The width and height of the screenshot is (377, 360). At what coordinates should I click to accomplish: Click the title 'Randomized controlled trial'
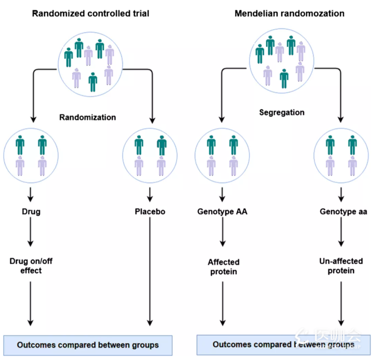91,13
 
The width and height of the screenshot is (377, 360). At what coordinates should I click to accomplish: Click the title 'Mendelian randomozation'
289,13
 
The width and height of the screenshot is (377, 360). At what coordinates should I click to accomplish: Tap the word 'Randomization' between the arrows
88,117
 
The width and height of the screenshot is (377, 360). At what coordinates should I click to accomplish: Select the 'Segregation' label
282,112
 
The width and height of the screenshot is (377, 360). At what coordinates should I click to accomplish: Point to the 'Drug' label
31,212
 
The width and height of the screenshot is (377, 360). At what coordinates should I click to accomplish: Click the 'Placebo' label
150,212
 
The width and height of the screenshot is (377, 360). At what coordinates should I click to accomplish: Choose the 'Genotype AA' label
222,212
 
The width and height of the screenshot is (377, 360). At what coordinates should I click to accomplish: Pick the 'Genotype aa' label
341,212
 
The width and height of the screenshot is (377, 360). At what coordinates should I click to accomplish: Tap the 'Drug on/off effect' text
31,266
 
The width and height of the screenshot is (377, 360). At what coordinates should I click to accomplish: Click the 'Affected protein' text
224,267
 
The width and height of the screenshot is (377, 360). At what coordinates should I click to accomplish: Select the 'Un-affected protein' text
341,266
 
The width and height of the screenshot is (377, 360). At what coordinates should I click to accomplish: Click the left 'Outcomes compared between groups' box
88,345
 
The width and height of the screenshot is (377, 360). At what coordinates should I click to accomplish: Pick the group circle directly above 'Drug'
31,155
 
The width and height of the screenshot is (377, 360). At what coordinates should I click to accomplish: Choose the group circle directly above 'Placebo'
150,155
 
